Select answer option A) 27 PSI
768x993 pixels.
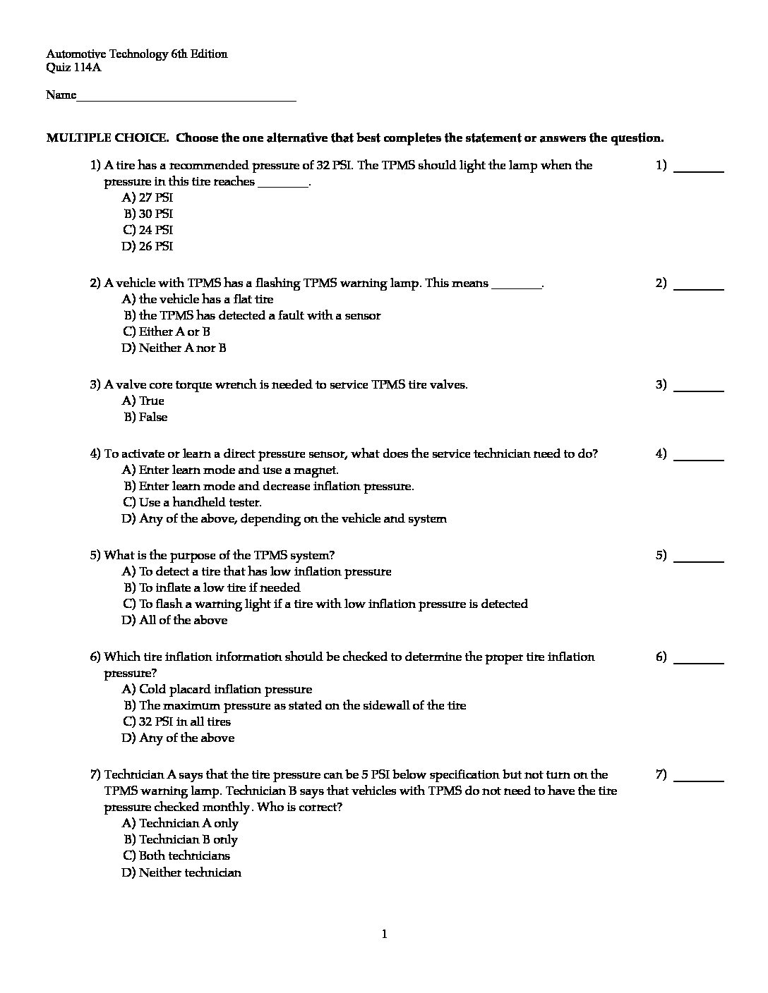coord(148,198)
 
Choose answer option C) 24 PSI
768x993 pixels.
coord(148,231)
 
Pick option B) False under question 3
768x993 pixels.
coord(145,418)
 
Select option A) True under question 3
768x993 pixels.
coord(143,401)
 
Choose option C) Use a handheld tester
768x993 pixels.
coord(192,503)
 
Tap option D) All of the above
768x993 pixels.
coord(174,621)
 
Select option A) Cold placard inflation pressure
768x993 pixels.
coord(217,690)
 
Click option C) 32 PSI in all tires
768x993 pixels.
coord(176,722)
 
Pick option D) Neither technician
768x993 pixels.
coord(181,873)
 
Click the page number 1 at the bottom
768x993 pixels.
coord(384,935)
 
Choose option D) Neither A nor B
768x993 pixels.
coord(174,348)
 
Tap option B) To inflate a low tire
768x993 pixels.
coord(211,588)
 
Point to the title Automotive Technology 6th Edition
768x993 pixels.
coord(137,54)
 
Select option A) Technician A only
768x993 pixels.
coord(180,824)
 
